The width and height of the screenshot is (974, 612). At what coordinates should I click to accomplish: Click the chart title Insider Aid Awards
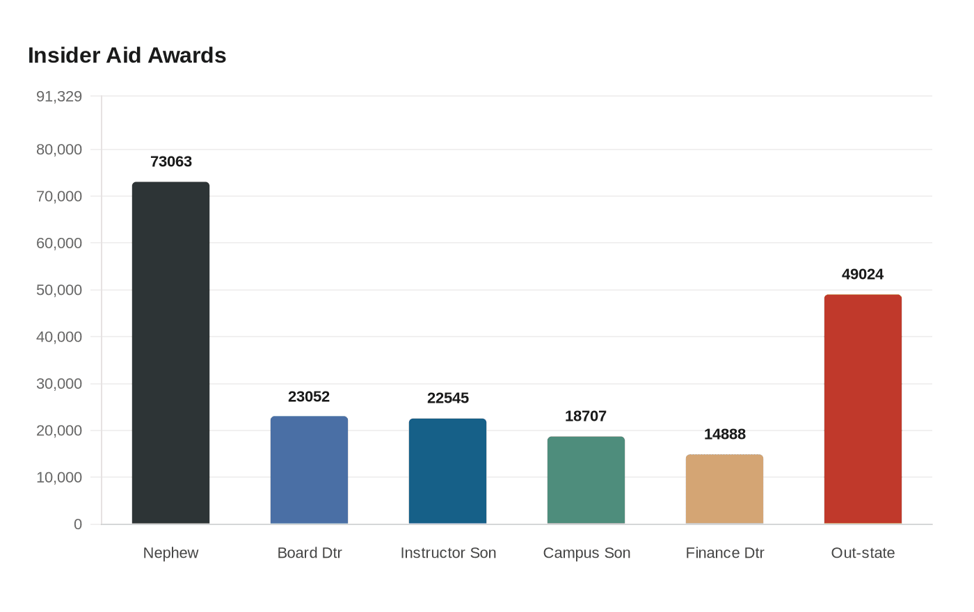127,56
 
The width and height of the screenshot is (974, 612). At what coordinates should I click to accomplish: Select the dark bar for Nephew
170,353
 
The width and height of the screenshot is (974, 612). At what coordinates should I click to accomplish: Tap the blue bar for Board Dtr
309,470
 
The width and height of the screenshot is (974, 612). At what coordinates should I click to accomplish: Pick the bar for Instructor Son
447,471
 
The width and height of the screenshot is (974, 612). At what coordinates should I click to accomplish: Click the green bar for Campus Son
586,480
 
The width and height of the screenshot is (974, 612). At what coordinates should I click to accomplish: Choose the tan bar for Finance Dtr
724,489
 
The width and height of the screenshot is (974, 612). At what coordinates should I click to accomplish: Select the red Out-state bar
863,409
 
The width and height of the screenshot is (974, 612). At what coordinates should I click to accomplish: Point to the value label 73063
171,162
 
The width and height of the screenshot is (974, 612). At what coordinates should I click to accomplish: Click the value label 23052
309,397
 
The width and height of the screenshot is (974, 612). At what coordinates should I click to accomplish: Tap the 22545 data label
448,398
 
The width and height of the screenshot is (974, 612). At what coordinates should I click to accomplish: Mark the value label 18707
586,417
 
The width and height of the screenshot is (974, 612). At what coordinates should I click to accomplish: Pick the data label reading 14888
725,435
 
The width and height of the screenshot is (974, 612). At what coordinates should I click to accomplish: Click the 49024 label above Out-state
863,275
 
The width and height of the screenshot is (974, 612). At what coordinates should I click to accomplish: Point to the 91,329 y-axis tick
59,97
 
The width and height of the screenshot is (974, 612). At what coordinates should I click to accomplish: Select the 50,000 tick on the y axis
59,290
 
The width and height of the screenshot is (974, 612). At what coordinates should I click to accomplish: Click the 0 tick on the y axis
78,524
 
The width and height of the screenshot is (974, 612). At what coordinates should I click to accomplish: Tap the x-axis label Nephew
170,553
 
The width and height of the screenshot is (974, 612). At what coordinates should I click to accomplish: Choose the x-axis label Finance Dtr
725,553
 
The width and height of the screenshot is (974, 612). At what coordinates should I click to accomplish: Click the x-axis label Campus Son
586,553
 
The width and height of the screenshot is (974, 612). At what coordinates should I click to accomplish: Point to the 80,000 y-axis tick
59,150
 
